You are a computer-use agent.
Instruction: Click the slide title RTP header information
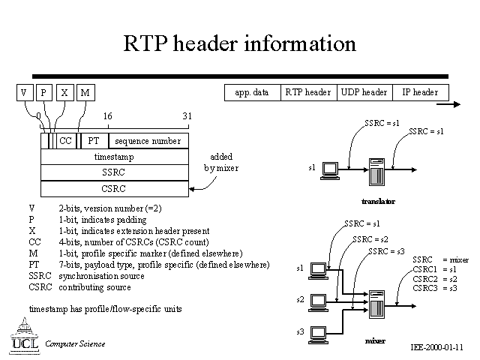coord(239,44)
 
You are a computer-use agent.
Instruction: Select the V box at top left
coord(25,92)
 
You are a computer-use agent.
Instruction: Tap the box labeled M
coord(85,92)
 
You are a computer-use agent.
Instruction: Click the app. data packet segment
coord(252,92)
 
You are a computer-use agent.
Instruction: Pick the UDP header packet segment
coord(364,92)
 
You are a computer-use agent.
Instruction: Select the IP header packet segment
coord(420,92)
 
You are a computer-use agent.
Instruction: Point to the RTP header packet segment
coord(307,92)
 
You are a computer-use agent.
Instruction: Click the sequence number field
coord(148,141)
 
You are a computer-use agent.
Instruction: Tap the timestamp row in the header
coord(114,157)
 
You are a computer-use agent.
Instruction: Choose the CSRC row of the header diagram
coord(114,188)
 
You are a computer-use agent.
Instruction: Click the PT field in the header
coord(94,141)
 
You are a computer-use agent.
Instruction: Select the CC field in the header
coord(65,141)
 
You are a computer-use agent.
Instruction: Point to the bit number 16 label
coord(107,116)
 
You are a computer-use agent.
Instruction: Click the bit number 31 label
coord(187,116)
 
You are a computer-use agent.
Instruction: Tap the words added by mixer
coord(221,163)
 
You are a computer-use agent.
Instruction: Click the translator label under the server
coord(378,202)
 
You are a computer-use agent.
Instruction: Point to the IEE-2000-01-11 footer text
coord(437,348)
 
